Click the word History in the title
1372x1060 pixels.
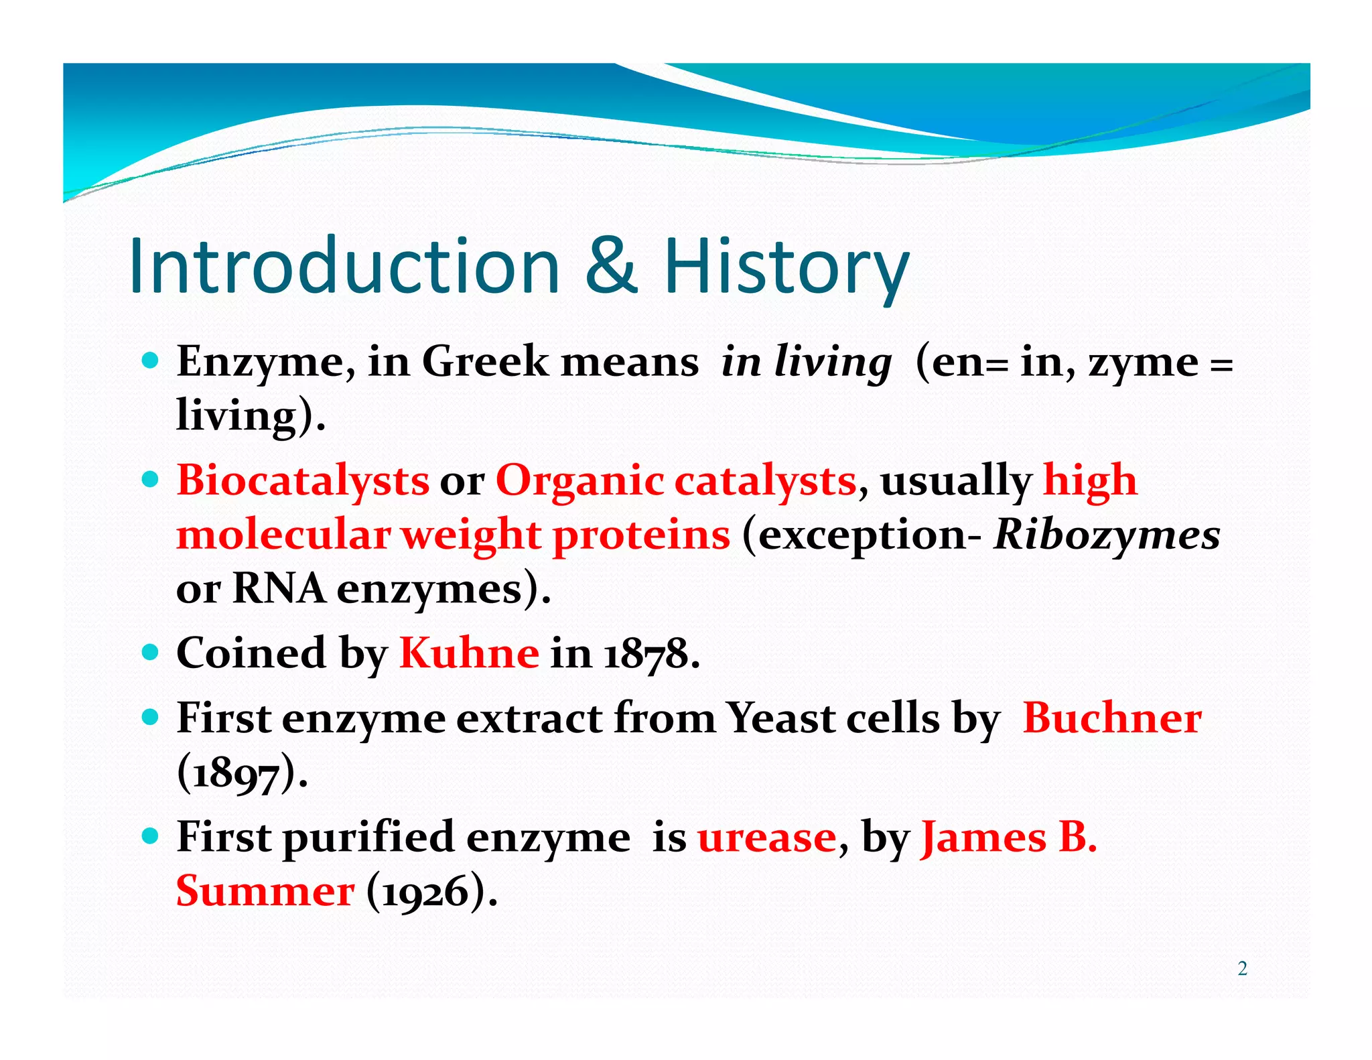click(785, 267)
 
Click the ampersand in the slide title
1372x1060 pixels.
click(611, 267)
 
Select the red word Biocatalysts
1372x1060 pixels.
click(303, 480)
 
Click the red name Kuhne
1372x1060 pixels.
click(469, 653)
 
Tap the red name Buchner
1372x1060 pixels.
click(1112, 718)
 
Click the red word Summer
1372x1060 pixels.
click(265, 891)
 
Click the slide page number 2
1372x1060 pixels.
click(1242, 969)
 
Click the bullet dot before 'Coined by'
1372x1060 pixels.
click(151, 651)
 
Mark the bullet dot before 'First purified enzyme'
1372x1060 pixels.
click(151, 836)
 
